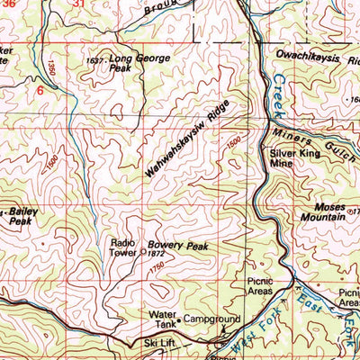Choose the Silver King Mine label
tap(291, 159)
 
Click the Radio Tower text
tap(122, 247)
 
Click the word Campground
tap(214, 319)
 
